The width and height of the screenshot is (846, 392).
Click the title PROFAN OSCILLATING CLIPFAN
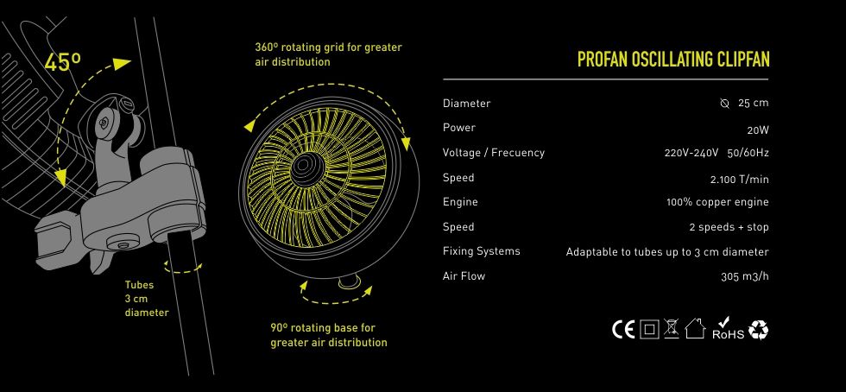(673, 60)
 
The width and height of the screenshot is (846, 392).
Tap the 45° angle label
(62, 62)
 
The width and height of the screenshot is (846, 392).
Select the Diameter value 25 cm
(753, 103)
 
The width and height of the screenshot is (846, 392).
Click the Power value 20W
(758, 130)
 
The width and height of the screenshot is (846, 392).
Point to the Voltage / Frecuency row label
(494, 153)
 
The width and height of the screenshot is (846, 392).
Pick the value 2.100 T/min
(740, 180)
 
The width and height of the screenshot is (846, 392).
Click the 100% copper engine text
(717, 203)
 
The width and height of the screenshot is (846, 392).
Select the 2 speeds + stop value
(729, 227)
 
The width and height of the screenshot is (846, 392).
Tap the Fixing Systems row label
(482, 251)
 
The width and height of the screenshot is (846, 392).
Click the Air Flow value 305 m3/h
(744, 276)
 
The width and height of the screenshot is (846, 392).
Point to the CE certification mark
(623, 329)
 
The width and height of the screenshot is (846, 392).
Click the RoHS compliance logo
(728, 329)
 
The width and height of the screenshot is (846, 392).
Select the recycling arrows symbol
(758, 329)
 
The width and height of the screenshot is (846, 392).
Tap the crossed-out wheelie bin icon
(671, 328)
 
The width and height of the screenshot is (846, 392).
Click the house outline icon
(695, 328)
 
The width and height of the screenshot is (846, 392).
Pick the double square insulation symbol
(649, 329)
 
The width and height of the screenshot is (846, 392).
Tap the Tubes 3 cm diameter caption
(147, 299)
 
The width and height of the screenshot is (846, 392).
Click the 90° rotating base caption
(329, 335)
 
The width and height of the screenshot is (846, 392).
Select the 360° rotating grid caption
(329, 54)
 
